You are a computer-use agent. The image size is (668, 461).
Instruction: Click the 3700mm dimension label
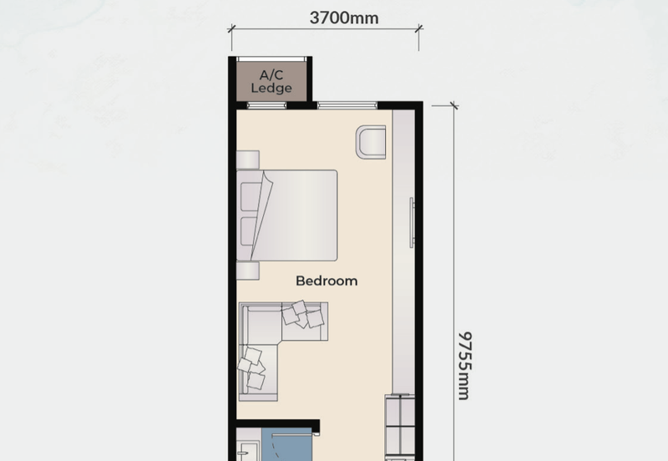(x=344, y=18)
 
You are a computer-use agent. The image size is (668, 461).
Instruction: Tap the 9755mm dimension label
(x=464, y=366)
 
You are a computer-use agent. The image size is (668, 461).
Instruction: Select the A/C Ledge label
(x=271, y=81)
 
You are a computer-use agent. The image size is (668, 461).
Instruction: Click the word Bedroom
(x=326, y=281)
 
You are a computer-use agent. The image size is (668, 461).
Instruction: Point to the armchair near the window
(x=371, y=142)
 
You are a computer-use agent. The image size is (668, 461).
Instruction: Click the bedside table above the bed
(x=248, y=160)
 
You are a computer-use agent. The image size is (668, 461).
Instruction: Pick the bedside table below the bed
(x=248, y=271)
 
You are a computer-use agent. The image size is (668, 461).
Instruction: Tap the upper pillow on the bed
(x=250, y=196)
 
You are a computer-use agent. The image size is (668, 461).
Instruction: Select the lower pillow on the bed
(x=250, y=231)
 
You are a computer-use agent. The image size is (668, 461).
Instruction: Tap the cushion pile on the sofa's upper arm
(x=302, y=315)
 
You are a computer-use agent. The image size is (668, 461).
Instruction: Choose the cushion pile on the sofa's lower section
(x=251, y=368)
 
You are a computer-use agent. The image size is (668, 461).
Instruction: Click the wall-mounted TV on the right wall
(x=412, y=222)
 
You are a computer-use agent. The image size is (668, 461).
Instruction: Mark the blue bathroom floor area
(x=287, y=444)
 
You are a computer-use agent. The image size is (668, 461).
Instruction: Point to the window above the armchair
(x=347, y=105)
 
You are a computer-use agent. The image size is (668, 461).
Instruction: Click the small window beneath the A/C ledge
(x=267, y=105)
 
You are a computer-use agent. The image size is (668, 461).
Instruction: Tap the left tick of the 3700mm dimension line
(x=231, y=29)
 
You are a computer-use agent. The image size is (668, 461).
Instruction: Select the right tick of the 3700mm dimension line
(x=418, y=29)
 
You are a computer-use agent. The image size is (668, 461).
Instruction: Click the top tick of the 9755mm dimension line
(x=453, y=105)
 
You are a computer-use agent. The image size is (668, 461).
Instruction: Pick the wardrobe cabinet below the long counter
(x=400, y=426)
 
